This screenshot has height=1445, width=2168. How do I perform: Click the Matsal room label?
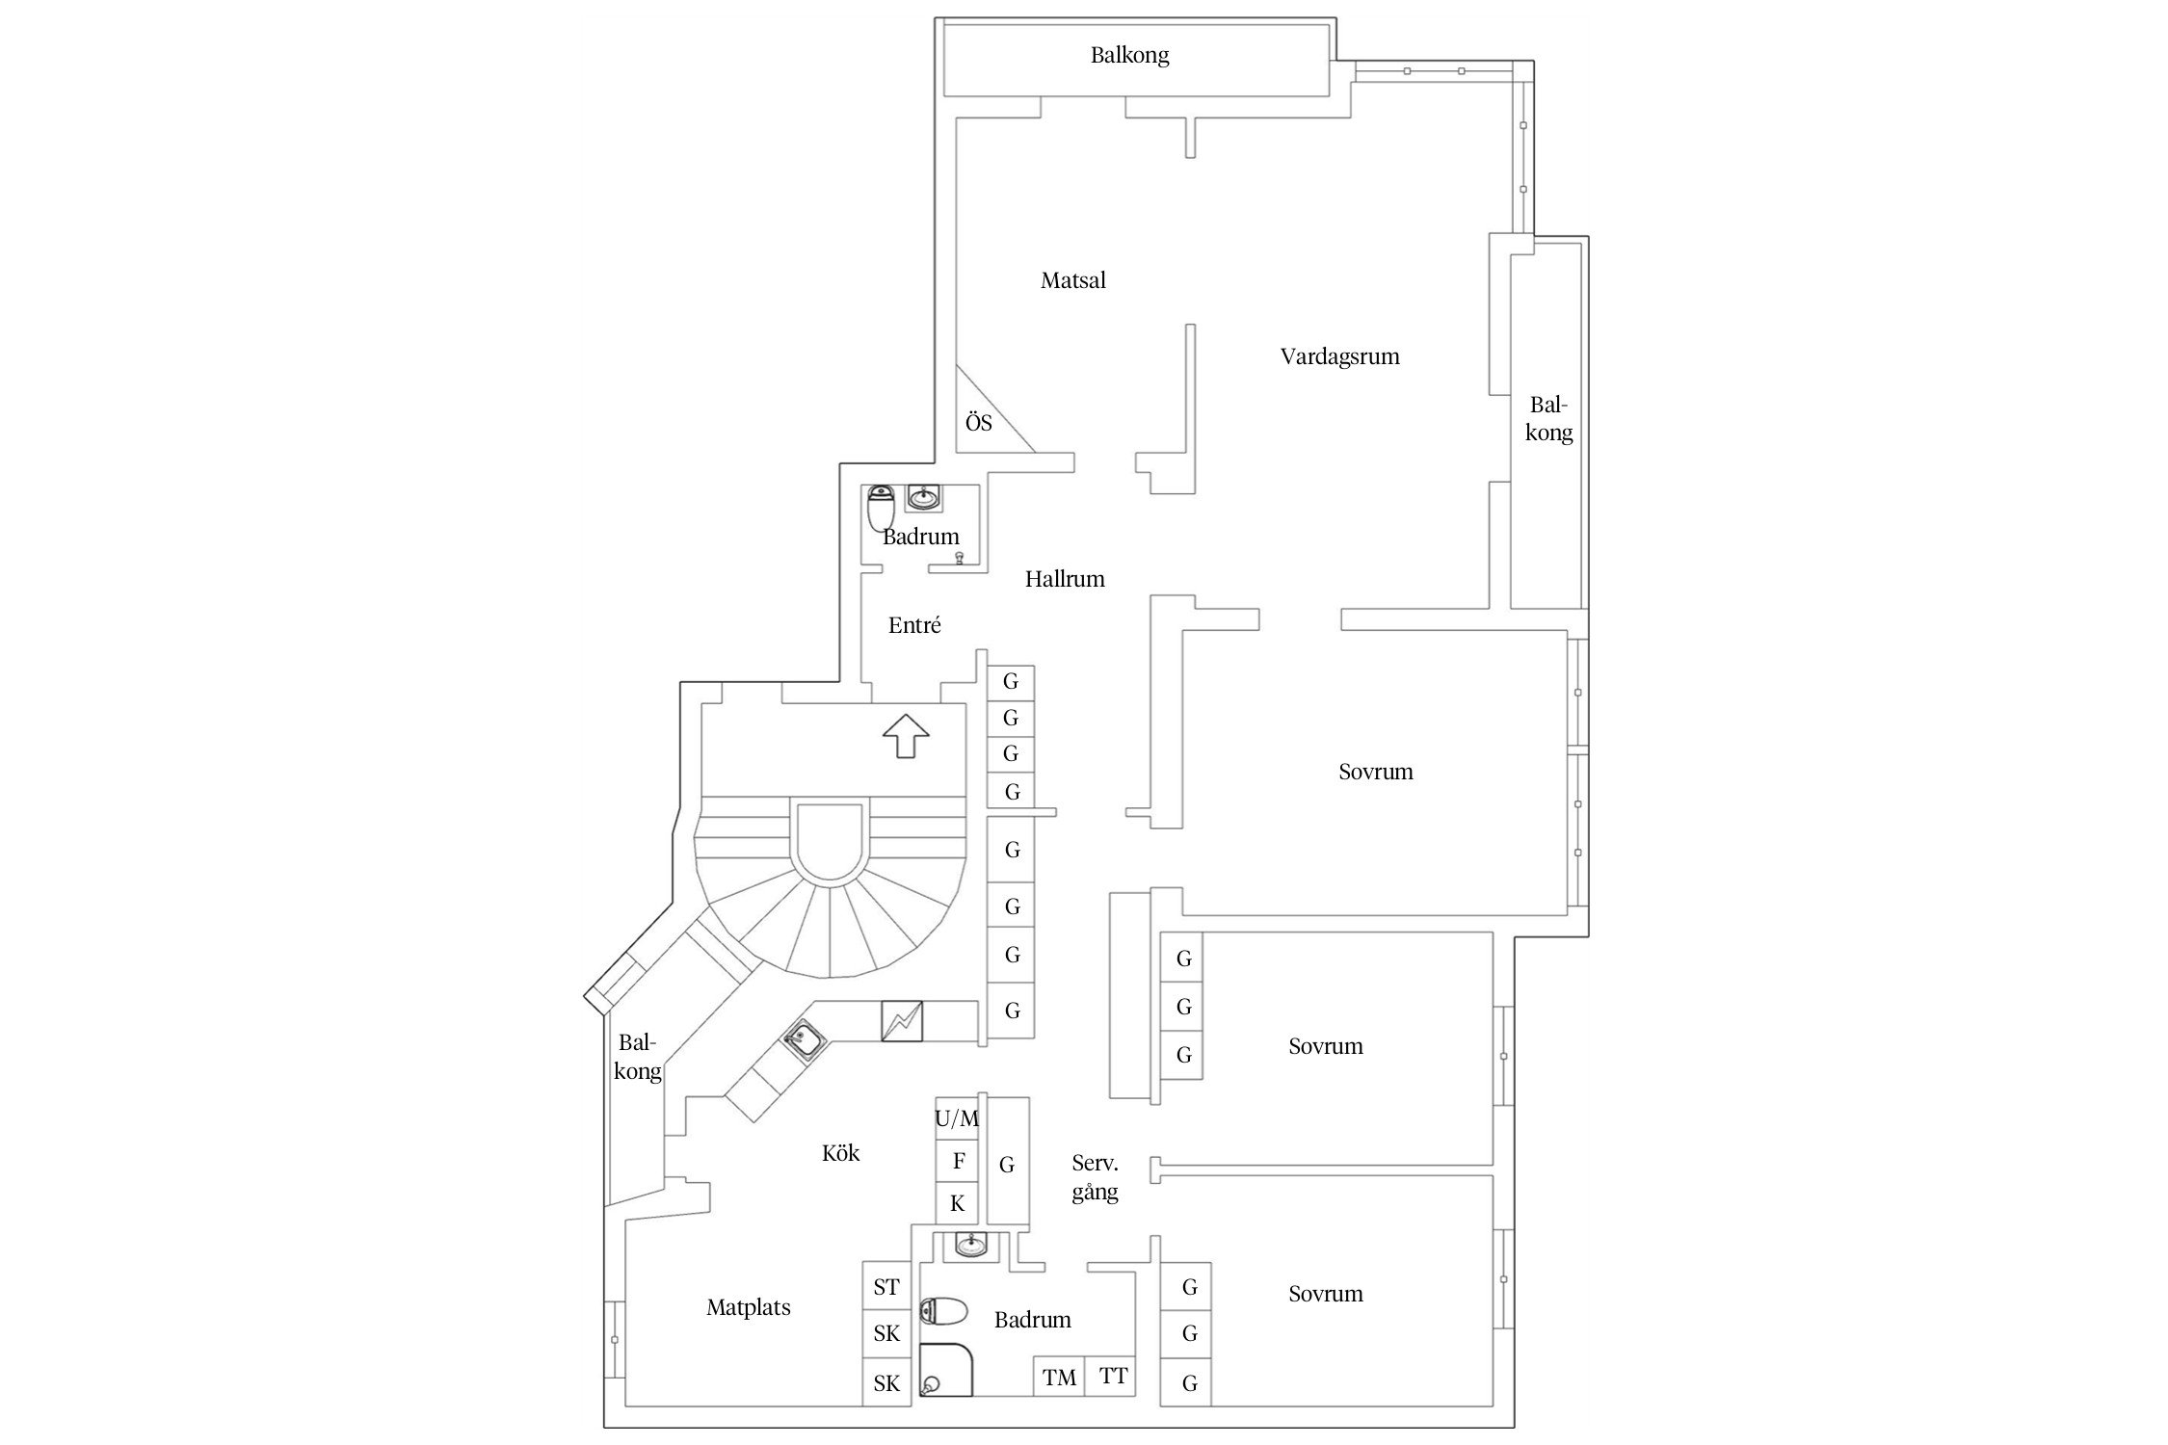(x=1072, y=280)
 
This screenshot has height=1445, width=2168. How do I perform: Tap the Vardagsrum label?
(x=1339, y=356)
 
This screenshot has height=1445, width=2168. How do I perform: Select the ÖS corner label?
(x=978, y=422)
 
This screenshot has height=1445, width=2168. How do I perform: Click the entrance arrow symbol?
(x=906, y=735)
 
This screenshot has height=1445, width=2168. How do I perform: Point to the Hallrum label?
(x=1065, y=579)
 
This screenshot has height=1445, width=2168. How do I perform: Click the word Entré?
(x=914, y=625)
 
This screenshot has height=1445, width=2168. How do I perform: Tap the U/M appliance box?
(x=957, y=1118)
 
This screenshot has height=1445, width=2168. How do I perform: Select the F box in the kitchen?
(x=958, y=1162)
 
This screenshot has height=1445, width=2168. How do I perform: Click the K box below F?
(x=958, y=1203)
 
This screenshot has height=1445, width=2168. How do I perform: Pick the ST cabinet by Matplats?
(x=886, y=1286)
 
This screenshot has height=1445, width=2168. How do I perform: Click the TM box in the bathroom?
(x=1059, y=1377)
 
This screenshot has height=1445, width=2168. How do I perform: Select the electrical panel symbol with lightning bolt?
(x=902, y=1021)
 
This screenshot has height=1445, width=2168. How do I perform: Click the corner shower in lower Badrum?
(x=946, y=1370)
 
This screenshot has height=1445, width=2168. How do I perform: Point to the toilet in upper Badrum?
(x=882, y=509)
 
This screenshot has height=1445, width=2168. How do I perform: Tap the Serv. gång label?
(x=1096, y=1178)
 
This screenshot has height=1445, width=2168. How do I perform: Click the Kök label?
(x=840, y=1152)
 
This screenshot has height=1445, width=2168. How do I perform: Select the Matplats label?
(x=748, y=1307)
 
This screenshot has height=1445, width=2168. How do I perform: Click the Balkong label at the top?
(x=1129, y=55)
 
